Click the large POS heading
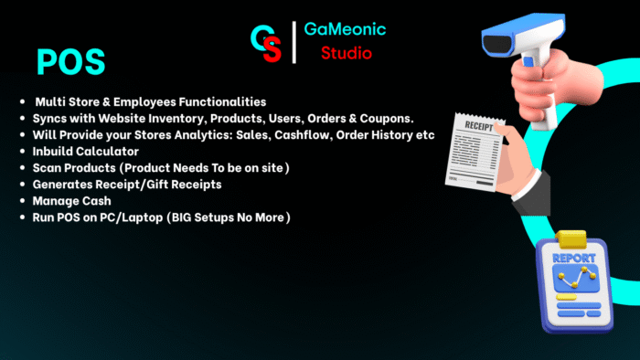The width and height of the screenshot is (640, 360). (x=70, y=61)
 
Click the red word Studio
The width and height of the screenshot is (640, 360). (x=346, y=54)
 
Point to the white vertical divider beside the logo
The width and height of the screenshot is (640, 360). (x=293, y=42)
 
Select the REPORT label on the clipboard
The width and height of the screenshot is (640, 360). (x=572, y=259)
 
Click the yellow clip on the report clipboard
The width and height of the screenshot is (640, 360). (x=572, y=238)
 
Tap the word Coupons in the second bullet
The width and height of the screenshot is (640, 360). (x=383, y=119)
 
